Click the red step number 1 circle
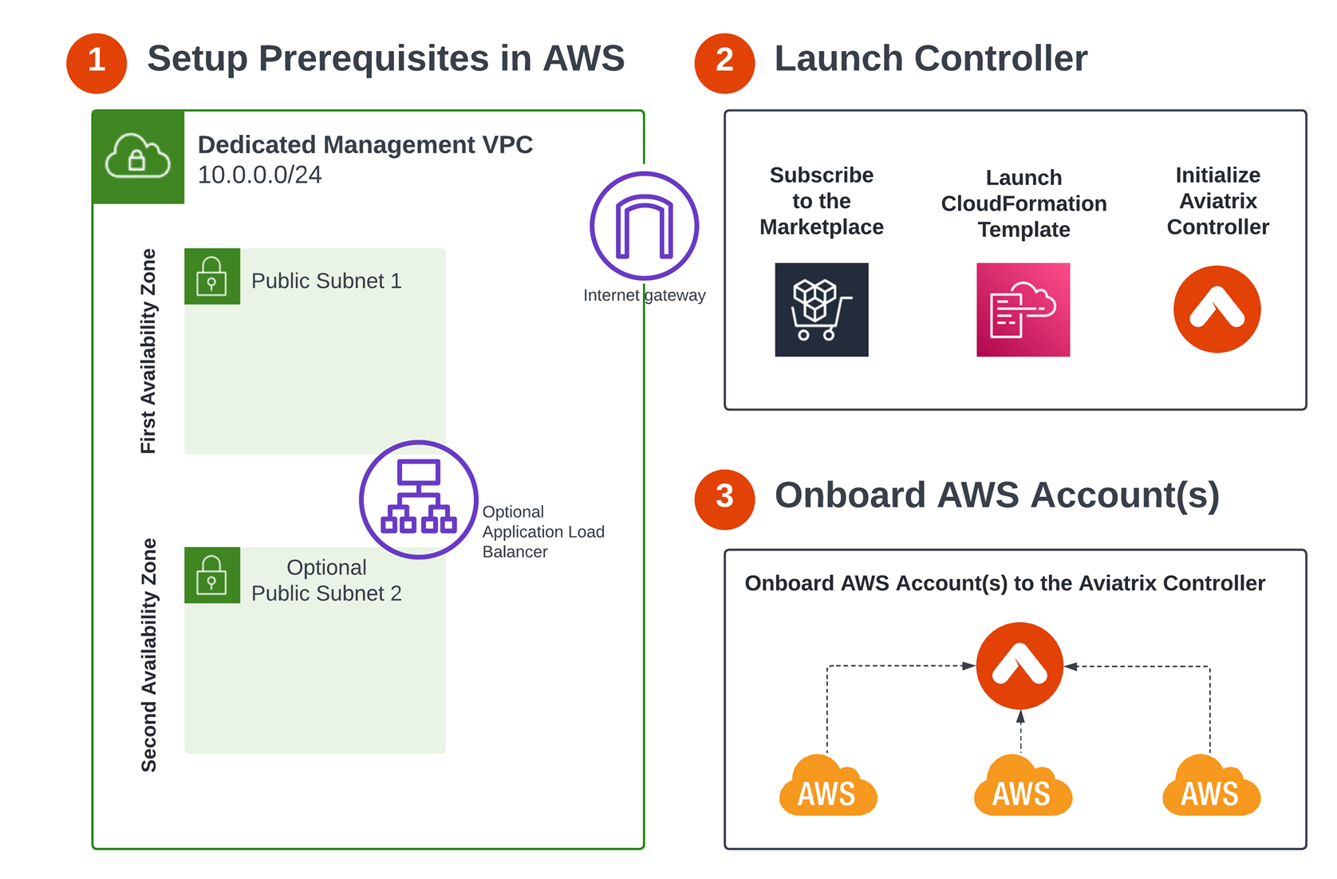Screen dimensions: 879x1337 click(97, 62)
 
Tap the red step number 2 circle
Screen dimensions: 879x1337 click(724, 62)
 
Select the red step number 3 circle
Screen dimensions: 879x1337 click(724, 499)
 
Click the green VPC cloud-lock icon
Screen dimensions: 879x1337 click(138, 157)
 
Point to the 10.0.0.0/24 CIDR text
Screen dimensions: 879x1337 click(259, 175)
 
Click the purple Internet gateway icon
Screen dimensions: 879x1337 click(644, 226)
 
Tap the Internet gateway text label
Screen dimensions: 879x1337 click(644, 295)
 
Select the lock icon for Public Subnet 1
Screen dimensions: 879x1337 click(211, 276)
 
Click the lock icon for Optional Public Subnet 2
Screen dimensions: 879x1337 click(211, 575)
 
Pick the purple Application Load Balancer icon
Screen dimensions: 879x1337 click(418, 499)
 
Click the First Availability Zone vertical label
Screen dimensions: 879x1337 click(148, 351)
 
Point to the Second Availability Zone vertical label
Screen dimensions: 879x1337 click(148, 655)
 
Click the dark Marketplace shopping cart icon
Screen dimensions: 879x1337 click(821, 309)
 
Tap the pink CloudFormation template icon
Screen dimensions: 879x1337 click(1023, 309)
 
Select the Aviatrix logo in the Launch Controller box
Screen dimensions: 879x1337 click(1217, 309)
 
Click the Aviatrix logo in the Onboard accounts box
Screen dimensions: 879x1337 click(1020, 665)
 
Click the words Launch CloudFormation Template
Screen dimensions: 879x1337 click(1023, 203)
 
